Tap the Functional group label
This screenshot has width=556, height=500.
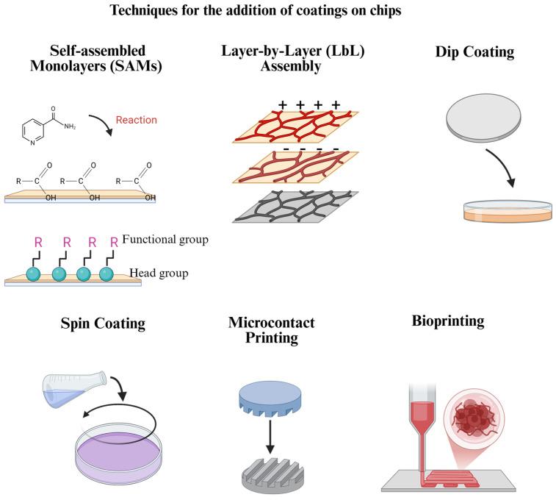(167, 240)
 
